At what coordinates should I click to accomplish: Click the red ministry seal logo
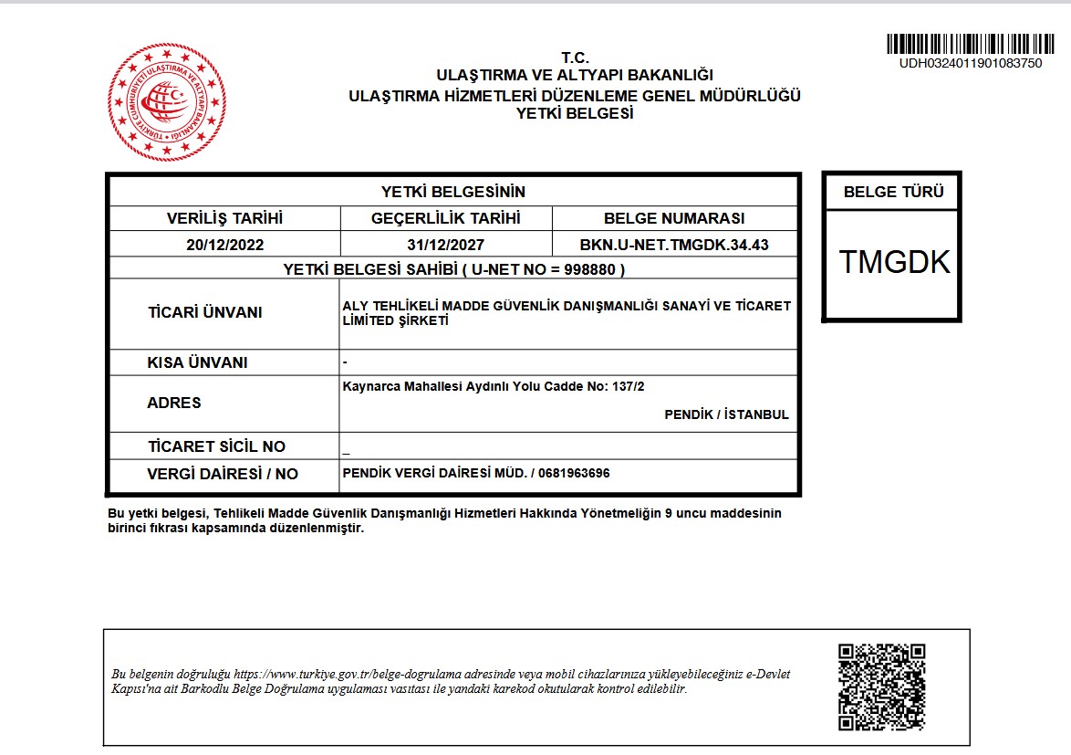pos(167,101)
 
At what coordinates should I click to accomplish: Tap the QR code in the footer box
pos(881,687)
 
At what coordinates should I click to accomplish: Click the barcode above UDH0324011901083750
pos(970,45)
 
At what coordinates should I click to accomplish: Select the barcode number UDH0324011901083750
pos(970,64)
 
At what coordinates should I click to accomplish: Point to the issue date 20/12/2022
pos(224,245)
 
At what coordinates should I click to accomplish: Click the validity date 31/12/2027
pos(445,245)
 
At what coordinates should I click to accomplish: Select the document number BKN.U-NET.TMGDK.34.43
pos(674,245)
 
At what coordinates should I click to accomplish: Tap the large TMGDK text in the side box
pos(894,263)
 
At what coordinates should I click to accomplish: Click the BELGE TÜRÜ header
pos(893,193)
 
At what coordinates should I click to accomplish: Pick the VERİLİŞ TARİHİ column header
pos(224,218)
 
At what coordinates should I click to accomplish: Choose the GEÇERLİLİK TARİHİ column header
pos(445,218)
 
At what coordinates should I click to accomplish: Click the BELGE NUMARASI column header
pos(674,218)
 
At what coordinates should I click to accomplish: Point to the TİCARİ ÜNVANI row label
pos(204,312)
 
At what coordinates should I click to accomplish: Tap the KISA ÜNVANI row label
pos(197,362)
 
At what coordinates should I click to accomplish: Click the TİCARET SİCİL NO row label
pos(216,446)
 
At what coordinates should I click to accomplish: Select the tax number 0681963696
pos(574,474)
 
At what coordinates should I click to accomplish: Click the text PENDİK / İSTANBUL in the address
pos(726,414)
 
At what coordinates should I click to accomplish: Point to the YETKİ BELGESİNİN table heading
pos(452,192)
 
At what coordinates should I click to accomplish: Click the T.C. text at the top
pos(575,58)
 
